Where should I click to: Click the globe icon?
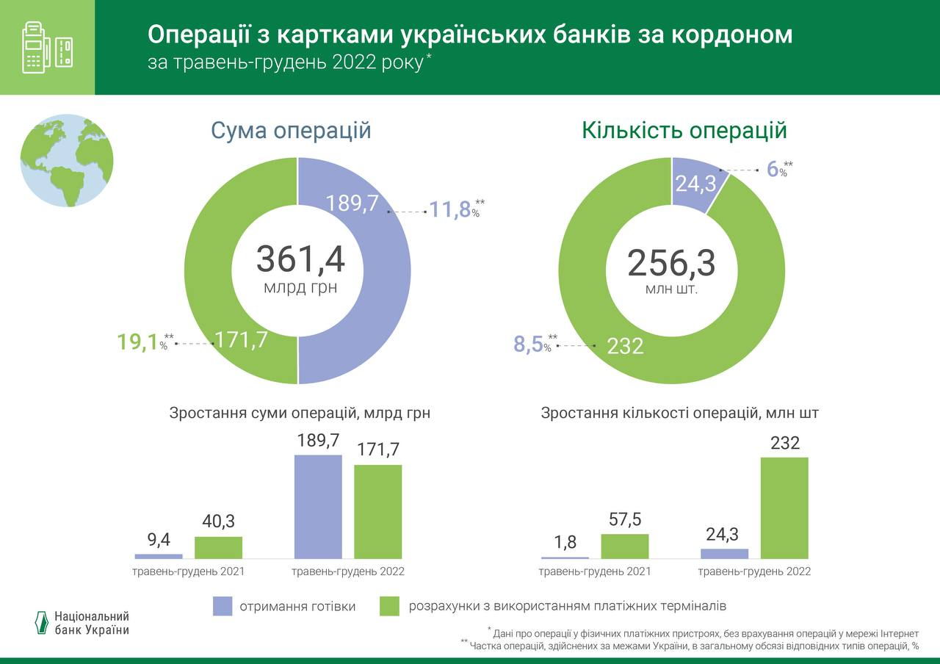point(67,160)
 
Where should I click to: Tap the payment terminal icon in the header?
point(47,47)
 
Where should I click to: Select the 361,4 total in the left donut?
point(300,259)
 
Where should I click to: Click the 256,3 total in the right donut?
point(671,263)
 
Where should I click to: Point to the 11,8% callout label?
point(451,210)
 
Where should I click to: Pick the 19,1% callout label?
point(140,342)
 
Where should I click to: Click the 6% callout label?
point(775,169)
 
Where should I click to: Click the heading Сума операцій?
point(291,131)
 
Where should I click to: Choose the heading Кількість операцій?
point(684,131)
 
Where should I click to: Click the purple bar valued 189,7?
point(318,507)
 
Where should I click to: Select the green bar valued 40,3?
point(218,547)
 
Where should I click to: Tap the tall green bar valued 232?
point(784,508)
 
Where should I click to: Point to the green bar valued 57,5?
point(625,546)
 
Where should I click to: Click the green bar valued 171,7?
point(378,511)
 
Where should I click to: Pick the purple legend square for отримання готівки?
point(223,606)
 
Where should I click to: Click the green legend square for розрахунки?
point(389,606)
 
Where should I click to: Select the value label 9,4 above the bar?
point(159,540)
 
